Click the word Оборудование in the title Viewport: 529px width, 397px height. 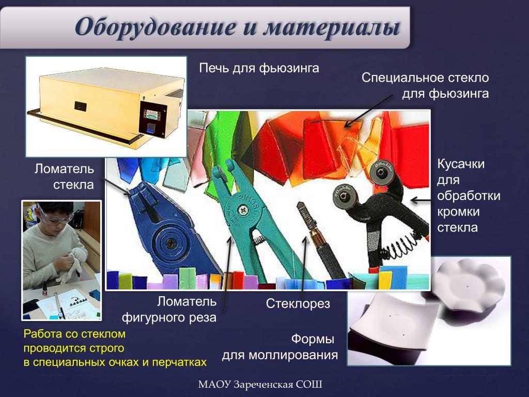click(x=155, y=27)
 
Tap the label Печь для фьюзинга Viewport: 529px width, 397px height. click(x=259, y=68)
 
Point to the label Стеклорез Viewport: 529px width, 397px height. click(x=298, y=303)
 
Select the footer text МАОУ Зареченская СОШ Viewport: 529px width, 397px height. click(x=260, y=385)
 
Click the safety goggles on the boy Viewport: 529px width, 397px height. click(x=54, y=217)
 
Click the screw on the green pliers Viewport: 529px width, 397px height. click(x=243, y=210)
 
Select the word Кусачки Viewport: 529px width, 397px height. click(x=461, y=164)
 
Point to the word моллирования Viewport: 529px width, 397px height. click(x=293, y=355)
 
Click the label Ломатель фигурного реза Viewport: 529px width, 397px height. click(x=169, y=310)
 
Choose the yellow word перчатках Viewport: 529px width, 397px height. click(x=179, y=362)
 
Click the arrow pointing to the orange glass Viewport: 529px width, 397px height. click(x=369, y=111)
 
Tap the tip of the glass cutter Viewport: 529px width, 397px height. click(x=299, y=204)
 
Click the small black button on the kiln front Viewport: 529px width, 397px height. click(x=80, y=106)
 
